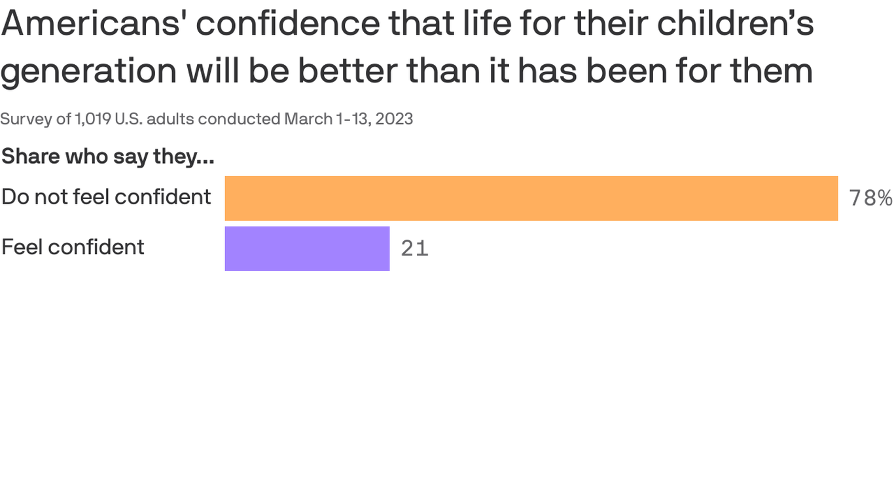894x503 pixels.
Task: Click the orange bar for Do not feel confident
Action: click(531, 198)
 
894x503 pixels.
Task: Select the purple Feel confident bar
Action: click(307, 249)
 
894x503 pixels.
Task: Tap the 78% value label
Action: click(870, 198)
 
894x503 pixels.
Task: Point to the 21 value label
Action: click(414, 249)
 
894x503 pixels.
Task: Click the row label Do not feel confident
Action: click(106, 196)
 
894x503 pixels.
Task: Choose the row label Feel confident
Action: click(73, 247)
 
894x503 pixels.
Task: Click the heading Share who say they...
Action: click(108, 157)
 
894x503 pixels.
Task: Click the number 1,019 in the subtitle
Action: click(92, 119)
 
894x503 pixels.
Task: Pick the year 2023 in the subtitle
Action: click(394, 119)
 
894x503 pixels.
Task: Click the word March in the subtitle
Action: click(308, 119)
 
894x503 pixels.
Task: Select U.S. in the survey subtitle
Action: click(128, 119)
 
